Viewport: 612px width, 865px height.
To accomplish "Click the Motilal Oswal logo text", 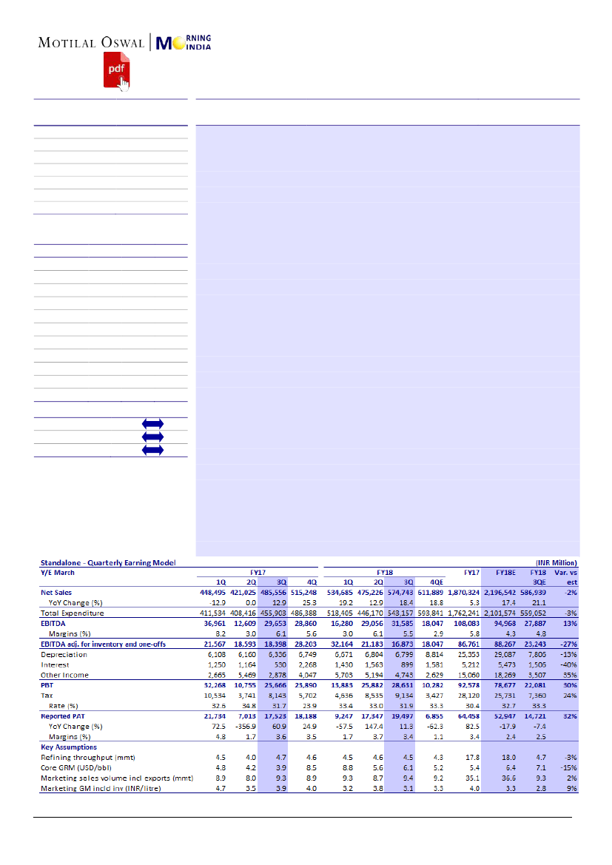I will tap(91, 42).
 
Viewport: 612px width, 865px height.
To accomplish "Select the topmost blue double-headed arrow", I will tap(152, 424).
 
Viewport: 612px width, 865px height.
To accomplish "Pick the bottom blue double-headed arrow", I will tap(152, 450).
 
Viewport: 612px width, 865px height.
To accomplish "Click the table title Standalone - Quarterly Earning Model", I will tap(108, 562).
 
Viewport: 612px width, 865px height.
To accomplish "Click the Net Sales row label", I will tap(57, 593).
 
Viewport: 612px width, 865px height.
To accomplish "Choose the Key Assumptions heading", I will tap(68, 747).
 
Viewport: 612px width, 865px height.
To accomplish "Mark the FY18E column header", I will tap(506, 572).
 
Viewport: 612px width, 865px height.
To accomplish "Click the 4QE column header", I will tap(437, 582).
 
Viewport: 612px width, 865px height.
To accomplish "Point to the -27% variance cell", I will tap(568, 644).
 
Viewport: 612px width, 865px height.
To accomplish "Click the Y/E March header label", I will tap(58, 572).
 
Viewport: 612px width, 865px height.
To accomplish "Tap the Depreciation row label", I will tap(64, 655).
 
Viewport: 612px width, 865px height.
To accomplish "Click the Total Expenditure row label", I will tap(72, 613).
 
